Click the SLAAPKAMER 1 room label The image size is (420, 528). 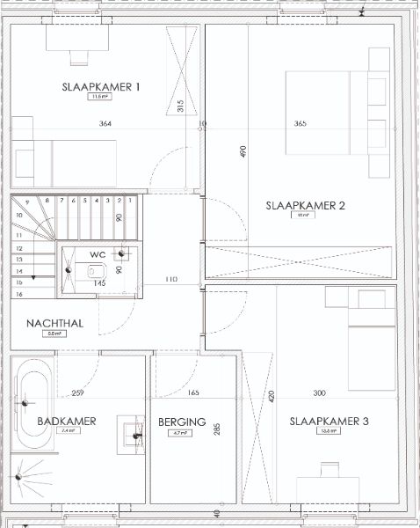pos(102,86)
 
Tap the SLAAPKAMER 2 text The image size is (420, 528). pos(305,206)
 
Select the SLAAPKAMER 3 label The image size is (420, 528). pos(329,422)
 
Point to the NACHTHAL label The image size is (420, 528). pos(54,323)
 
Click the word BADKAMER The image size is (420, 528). pos(66,422)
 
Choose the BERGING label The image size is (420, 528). pos(182,422)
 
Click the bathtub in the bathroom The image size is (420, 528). pos(33,404)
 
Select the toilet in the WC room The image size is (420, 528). pos(94,270)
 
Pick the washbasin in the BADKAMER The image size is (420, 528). pos(133,431)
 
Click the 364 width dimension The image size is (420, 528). pos(105,124)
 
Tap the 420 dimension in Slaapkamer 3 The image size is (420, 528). pos(272,396)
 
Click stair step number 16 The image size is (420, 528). pos(18,295)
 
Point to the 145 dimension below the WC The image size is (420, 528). pos(100,283)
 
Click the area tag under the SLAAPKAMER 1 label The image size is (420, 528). pos(102,98)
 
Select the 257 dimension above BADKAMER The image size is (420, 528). pos(77,392)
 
